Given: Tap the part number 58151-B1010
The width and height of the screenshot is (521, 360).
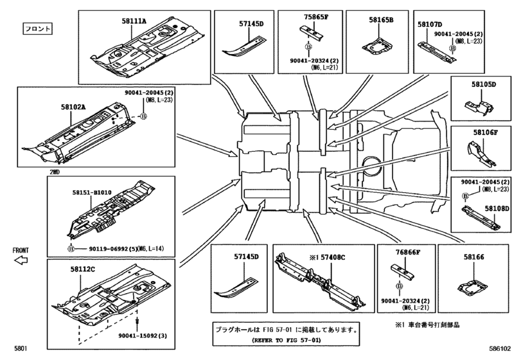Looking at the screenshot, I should (91, 192).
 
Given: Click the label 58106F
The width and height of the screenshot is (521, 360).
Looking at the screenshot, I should (486, 132).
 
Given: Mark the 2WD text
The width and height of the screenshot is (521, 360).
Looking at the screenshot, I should (55, 172).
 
